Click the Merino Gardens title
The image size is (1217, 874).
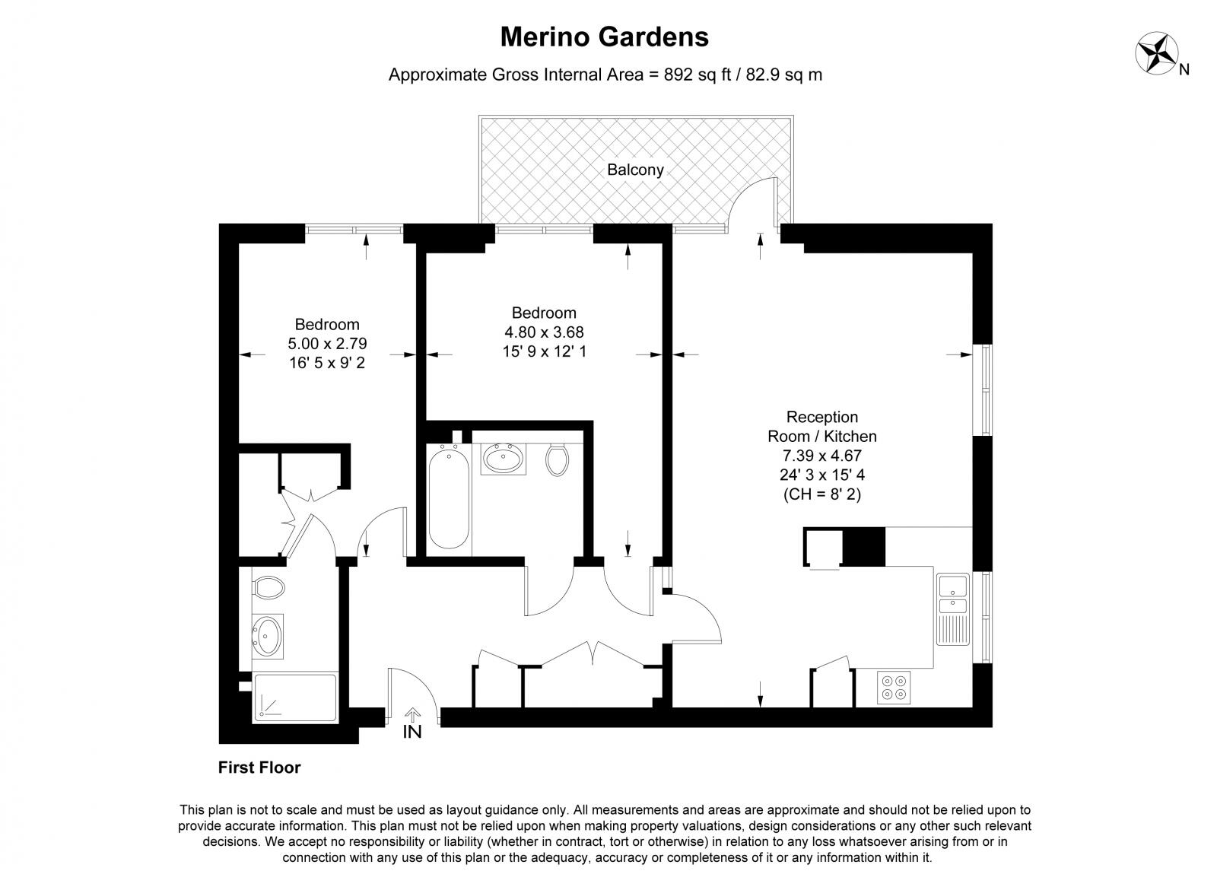(x=605, y=37)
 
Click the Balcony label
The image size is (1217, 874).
(x=635, y=170)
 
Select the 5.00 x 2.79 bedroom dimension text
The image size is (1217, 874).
(x=327, y=344)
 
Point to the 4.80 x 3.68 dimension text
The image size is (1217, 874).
(x=544, y=332)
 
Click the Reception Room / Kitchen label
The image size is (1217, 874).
(x=822, y=427)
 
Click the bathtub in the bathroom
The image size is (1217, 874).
(x=449, y=498)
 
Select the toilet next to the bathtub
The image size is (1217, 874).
(x=558, y=459)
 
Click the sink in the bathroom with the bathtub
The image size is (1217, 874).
(x=503, y=459)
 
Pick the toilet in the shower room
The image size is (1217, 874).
(x=268, y=586)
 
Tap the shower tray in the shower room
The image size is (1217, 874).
(x=294, y=698)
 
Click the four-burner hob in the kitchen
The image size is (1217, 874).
(x=894, y=687)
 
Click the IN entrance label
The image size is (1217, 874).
(x=412, y=732)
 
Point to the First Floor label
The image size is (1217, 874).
(x=259, y=768)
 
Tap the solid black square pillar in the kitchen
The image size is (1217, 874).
(x=865, y=546)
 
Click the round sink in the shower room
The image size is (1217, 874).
(x=267, y=635)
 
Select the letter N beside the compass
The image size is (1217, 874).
(x=1184, y=70)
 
